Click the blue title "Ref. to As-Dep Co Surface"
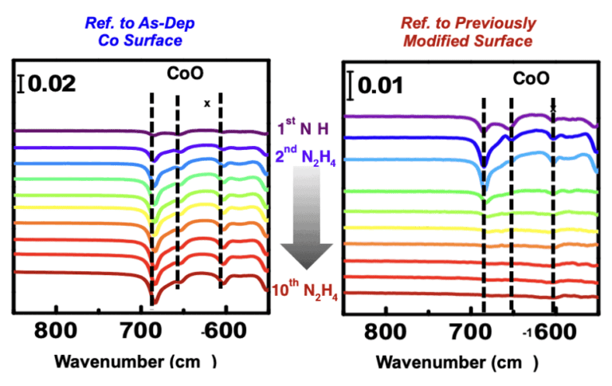point(140,32)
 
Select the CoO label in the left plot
point(185,73)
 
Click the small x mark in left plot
point(206,103)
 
